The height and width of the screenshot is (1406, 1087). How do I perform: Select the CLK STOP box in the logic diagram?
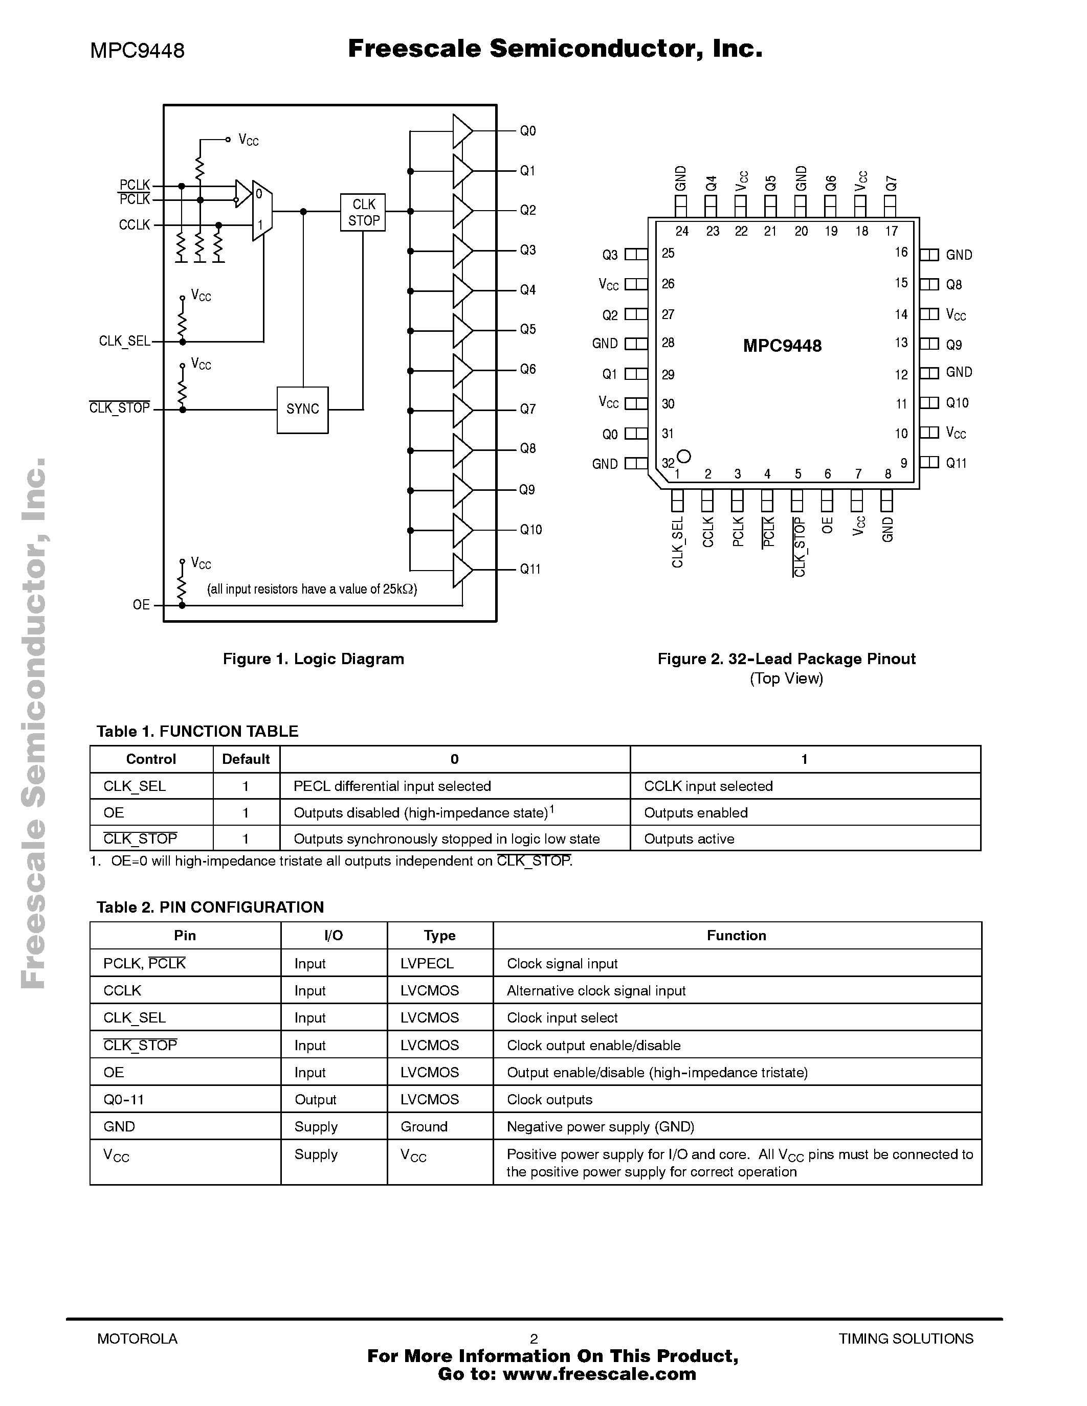(x=363, y=213)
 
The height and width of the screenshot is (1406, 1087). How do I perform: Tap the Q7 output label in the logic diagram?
(x=528, y=409)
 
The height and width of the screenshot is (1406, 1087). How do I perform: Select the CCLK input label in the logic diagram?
(x=134, y=224)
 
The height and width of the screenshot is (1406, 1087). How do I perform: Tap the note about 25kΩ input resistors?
(x=312, y=589)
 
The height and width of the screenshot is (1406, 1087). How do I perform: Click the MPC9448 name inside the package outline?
(x=783, y=346)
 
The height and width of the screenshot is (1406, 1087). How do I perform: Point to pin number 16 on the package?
(x=901, y=253)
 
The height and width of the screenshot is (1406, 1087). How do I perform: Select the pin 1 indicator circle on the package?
(x=684, y=457)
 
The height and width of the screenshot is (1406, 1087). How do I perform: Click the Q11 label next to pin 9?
(x=956, y=463)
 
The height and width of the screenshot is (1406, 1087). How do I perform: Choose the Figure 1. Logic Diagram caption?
(x=313, y=659)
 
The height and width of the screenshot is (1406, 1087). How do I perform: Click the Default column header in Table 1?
(x=246, y=759)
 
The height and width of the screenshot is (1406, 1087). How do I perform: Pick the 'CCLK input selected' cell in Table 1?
(x=708, y=786)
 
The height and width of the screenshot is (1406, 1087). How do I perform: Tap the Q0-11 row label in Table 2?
(x=124, y=1100)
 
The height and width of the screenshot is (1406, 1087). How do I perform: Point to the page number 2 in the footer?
(x=534, y=1339)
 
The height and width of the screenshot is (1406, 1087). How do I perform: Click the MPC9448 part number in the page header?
(x=137, y=50)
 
